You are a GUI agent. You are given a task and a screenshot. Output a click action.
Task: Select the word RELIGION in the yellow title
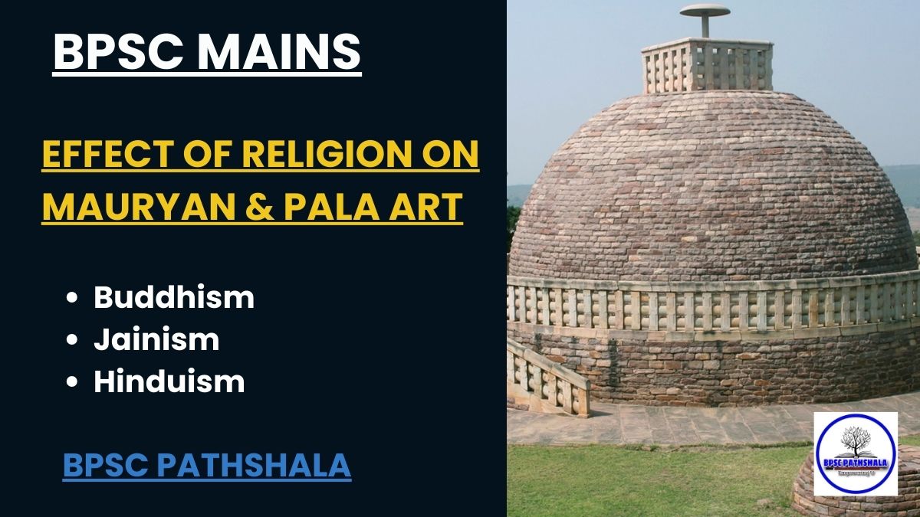pyautogui.click(x=333, y=156)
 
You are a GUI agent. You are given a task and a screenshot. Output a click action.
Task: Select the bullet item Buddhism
pyautogui.click(x=173, y=297)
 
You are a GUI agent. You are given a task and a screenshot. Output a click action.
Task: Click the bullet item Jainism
pyautogui.click(x=156, y=339)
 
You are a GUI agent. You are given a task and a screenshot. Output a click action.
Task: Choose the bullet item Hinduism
pyautogui.click(x=169, y=381)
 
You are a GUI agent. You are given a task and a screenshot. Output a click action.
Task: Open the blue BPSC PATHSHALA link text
pyautogui.click(x=206, y=465)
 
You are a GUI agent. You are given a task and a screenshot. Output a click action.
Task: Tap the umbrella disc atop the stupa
pyautogui.click(x=705, y=11)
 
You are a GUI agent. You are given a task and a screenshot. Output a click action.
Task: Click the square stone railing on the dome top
pyautogui.click(x=706, y=65)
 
